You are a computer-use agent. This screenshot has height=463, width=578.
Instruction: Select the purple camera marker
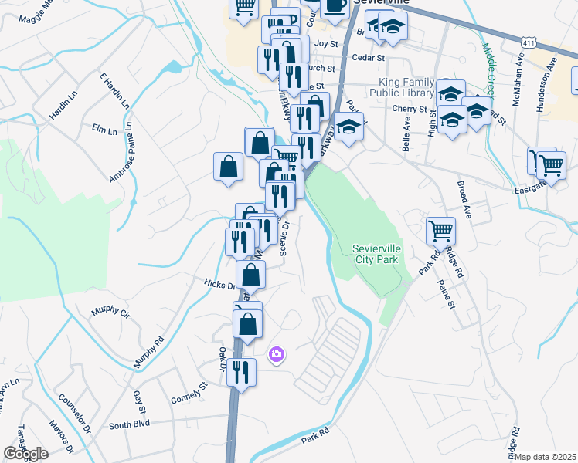(x=276, y=355)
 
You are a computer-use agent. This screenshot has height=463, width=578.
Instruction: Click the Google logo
(x=25, y=454)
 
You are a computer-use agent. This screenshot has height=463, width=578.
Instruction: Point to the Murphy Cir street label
(x=110, y=312)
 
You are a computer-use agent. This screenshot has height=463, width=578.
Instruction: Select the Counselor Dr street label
(x=75, y=414)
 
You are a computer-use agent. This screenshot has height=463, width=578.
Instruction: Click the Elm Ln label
(x=103, y=129)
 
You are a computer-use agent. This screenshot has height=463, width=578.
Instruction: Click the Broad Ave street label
(x=464, y=198)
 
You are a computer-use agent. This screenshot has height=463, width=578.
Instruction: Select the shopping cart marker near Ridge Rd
(x=440, y=230)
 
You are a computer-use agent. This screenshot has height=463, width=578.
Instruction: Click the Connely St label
(x=190, y=395)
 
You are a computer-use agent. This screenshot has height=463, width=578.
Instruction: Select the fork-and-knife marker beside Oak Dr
(x=242, y=373)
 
